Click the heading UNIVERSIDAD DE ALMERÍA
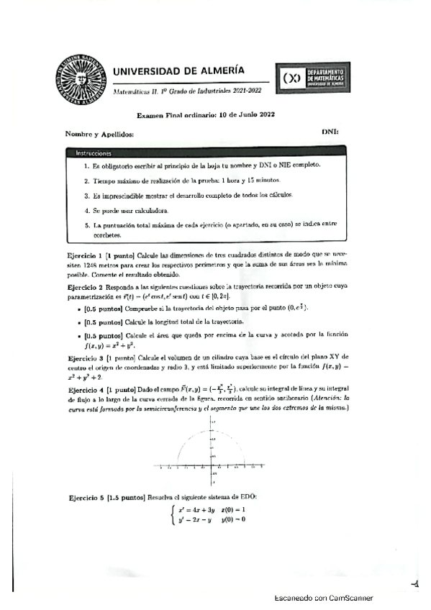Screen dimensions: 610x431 click(178, 70)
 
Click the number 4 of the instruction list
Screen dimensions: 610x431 click(86, 211)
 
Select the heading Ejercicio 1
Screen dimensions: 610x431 click(86, 255)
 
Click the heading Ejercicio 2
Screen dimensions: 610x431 click(86, 285)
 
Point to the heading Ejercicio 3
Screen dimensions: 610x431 click(86, 358)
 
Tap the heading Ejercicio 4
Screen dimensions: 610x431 click(86, 389)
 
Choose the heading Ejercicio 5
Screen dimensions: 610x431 click(86, 498)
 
